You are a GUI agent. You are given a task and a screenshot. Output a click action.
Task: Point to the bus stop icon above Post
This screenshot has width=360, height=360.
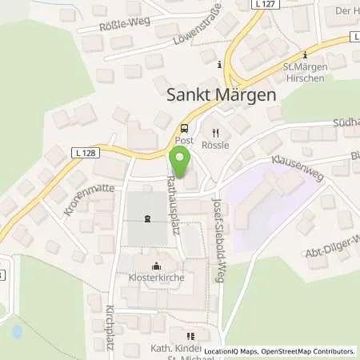coord(185,127)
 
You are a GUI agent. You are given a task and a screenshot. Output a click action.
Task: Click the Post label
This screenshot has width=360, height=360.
coord(185,139)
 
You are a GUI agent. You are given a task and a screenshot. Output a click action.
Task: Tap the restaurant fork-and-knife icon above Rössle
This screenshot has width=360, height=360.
coord(215,134)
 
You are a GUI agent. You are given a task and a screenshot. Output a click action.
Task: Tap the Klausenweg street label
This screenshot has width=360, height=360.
coord(295,166)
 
